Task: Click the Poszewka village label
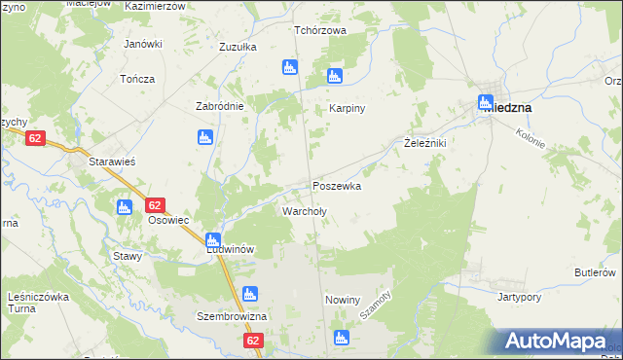pos(337,186)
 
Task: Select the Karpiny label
pos(347,108)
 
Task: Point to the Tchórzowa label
pos(321,30)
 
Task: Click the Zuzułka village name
pos(238,47)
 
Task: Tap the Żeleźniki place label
pos(424,143)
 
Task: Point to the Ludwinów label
pos(230,249)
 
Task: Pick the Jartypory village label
pos(519,296)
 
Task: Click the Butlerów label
pos(596,272)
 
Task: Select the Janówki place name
pos(142,44)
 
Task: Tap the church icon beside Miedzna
pos(486,102)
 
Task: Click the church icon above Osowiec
pos(124,206)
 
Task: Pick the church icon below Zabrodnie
pos(205,137)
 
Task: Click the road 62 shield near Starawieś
pos(36,139)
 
